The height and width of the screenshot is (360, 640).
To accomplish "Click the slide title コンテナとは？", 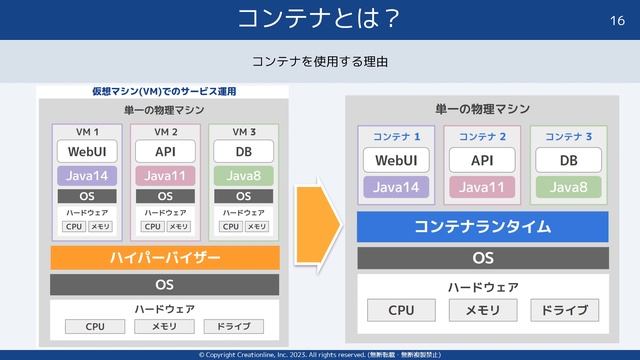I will coord(320,18).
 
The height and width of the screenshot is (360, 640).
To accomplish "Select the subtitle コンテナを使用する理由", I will coord(320,62).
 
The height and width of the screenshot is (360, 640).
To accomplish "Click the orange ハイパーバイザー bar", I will coord(165,258).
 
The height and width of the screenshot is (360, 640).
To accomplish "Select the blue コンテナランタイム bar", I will coord(483,226).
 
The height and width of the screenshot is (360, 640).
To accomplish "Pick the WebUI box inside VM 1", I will coord(87,152).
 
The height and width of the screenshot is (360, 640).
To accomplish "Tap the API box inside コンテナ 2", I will coord(482,161).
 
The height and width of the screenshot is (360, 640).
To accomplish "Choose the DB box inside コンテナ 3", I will coord(568,161).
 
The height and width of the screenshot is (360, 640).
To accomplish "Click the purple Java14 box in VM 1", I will coord(87,176).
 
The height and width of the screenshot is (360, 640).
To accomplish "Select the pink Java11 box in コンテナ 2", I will coord(482,186).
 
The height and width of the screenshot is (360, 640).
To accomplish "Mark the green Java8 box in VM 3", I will coord(244,176).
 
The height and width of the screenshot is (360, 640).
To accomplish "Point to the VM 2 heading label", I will coord(166,132).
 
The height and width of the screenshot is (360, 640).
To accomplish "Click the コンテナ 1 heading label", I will coord(396,135).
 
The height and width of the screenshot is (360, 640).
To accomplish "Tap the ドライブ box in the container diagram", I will coord(566,310).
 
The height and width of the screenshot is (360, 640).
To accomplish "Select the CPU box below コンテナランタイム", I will coord(400,310).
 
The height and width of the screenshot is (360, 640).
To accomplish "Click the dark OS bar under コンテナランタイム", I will coord(483,258).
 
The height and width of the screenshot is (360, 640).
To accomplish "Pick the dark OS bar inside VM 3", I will coord(244,196).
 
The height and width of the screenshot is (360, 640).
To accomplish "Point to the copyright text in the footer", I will coord(320,354).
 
